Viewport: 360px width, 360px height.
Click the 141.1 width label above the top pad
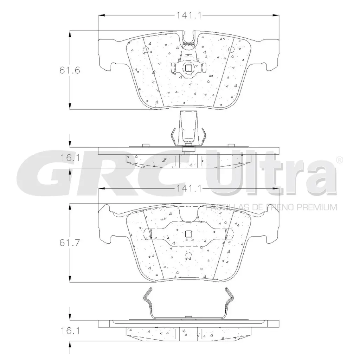189,15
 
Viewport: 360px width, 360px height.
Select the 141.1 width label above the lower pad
189,189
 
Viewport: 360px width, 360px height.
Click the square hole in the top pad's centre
188,68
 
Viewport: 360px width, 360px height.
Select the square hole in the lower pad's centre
188,234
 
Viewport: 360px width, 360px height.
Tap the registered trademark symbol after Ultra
340,160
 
